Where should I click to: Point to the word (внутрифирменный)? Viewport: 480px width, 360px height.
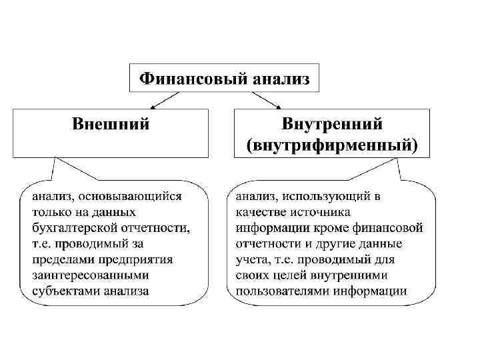pos(332,144)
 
